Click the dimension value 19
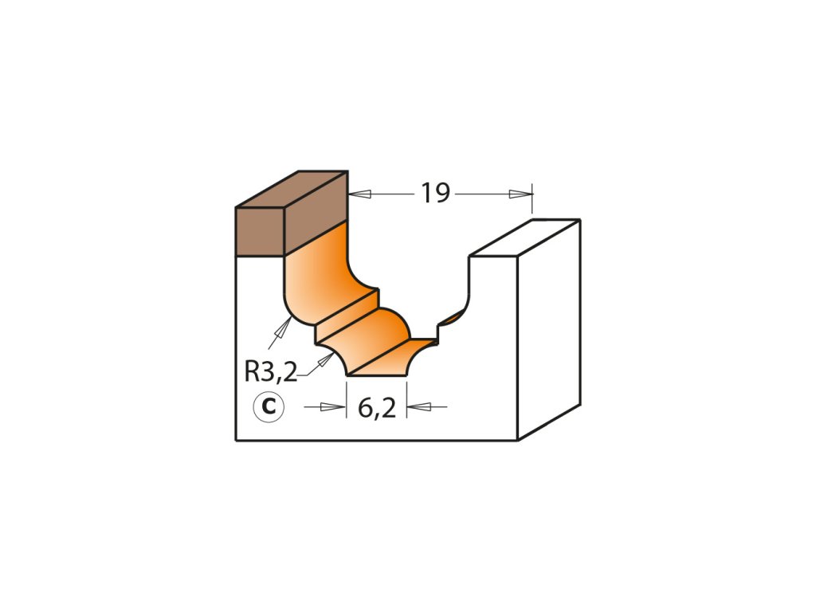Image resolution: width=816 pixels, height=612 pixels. tap(436, 194)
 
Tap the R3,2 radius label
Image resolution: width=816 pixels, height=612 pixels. tap(270, 371)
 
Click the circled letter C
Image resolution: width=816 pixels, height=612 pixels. tap(269, 407)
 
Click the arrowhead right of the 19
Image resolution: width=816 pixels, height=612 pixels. tap(522, 194)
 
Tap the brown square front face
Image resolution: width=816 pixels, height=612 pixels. tap(260, 231)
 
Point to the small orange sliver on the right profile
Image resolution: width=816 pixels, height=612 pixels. tap(452, 318)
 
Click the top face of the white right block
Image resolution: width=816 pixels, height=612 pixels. tap(524, 237)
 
